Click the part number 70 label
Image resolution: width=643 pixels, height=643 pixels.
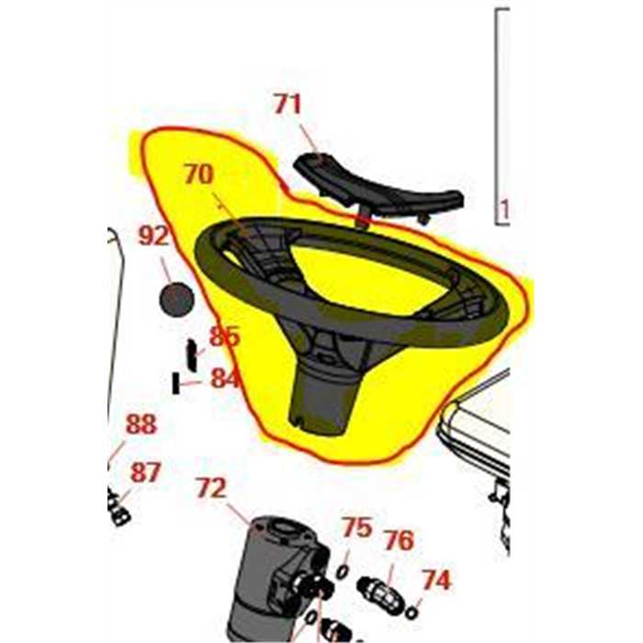[199, 175]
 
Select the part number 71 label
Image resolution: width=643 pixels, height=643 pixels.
[288, 104]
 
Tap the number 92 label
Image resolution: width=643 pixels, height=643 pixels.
[153, 236]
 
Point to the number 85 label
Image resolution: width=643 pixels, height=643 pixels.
[224, 336]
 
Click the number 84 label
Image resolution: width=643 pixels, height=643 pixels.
[224, 378]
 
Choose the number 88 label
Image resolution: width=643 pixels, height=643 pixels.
[141, 424]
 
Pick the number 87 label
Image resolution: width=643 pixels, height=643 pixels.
[145, 472]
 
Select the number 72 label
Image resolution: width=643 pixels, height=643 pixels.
[211, 488]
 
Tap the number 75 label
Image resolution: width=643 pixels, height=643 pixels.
[357, 527]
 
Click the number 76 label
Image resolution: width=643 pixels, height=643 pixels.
[399, 540]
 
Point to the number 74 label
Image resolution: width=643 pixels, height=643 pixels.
[437, 580]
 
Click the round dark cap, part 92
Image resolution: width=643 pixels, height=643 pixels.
[176, 299]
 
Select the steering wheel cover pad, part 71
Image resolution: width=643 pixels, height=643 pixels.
[378, 189]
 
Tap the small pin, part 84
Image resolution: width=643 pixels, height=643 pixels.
[176, 383]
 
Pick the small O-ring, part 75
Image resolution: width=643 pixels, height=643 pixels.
[343, 572]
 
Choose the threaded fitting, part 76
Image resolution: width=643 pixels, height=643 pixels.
[379, 594]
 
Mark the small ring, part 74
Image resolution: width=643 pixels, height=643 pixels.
[412, 613]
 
